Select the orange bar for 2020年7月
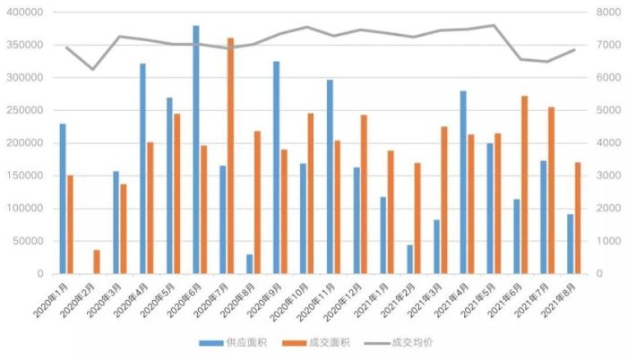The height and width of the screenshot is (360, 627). click(230, 156)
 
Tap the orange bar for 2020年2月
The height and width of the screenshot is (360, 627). click(97, 261)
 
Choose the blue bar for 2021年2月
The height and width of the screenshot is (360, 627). click(409, 260)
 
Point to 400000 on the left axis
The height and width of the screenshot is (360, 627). click(27, 13)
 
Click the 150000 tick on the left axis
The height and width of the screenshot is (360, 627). click(27, 176)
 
